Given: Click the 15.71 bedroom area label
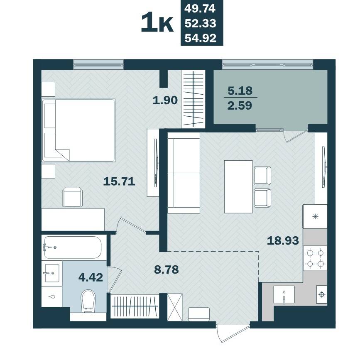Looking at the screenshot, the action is click(119, 181).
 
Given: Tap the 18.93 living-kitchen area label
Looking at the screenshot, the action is click(283, 240).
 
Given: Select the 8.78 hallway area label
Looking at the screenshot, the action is click(167, 269).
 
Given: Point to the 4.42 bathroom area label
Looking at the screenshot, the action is click(91, 277).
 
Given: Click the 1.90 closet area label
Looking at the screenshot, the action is click(165, 100).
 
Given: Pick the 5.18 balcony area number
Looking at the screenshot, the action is click(240, 91).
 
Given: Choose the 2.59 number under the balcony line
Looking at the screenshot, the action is click(240, 105).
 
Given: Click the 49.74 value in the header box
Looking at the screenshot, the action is click(200, 8).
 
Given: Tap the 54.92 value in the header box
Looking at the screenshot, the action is click(201, 38).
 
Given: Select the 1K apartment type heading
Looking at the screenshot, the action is click(157, 23).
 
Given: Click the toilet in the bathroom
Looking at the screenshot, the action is click(88, 301).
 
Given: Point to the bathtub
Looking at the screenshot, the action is click(73, 247).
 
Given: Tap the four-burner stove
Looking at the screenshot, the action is click(315, 258).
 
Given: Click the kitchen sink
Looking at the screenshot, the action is click(284, 295).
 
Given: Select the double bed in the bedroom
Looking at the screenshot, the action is click(78, 130).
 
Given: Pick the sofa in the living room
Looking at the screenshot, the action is click(184, 173).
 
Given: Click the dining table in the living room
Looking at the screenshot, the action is click(238, 187).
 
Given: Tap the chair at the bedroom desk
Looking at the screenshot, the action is click(72, 197).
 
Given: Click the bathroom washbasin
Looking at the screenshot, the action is click(52, 273).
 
